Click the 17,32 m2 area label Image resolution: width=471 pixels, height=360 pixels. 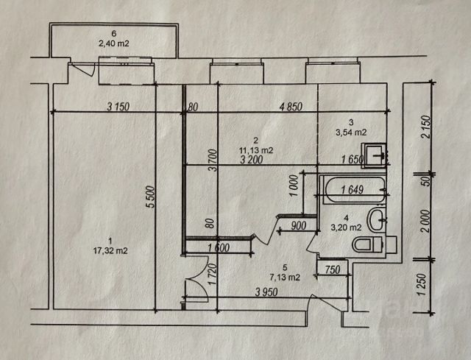pos(107,251)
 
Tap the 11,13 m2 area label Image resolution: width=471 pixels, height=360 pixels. pos(255,150)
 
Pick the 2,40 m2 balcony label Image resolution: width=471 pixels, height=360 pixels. pos(113,43)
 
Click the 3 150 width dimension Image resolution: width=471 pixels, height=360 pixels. pos(118,107)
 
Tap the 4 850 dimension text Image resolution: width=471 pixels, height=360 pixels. pos(292,107)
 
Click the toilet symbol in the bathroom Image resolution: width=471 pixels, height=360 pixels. pos(367,244)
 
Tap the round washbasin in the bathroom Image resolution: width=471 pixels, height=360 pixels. pos(378,219)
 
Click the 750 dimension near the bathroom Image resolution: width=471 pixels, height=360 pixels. pos(333,270)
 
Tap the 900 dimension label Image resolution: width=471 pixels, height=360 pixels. pos(299,226)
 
